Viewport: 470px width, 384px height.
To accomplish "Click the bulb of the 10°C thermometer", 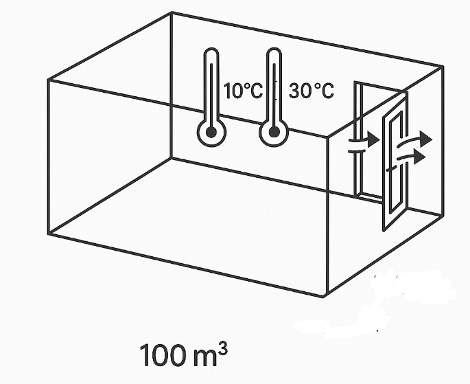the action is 211,133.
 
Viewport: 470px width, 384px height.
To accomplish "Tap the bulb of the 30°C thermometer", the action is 274,133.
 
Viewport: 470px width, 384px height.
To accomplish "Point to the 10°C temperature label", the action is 243,91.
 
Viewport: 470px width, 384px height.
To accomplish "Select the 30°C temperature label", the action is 311,91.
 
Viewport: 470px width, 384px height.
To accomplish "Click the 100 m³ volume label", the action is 183,356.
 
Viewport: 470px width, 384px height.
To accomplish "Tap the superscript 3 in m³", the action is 222,350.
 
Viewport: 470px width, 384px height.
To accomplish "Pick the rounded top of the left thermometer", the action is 211,52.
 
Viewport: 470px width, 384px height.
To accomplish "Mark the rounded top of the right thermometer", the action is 274,52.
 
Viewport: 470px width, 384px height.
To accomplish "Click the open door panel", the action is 395,161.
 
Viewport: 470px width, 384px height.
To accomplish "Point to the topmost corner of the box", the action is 172,12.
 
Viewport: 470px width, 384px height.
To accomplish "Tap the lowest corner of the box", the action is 323,297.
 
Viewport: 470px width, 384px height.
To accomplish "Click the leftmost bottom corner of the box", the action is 48,234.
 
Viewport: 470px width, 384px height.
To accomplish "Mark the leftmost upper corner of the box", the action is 48,80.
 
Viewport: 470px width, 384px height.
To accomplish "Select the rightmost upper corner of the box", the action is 443,67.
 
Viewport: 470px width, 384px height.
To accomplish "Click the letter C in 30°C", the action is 327,91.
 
